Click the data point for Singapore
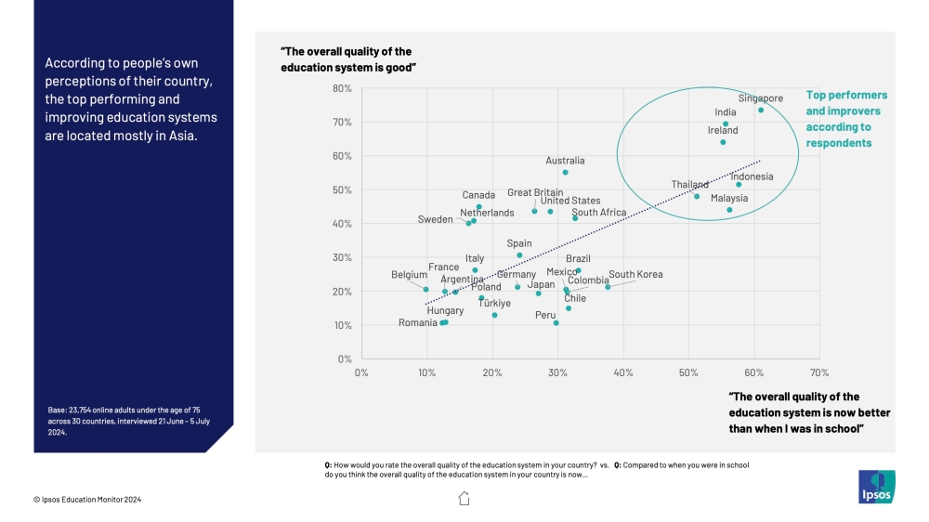pyautogui.click(x=761, y=110)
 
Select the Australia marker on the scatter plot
pyautogui.click(x=565, y=173)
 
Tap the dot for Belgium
pyautogui.click(x=426, y=289)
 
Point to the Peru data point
pyautogui.click(x=556, y=323)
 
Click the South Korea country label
pyautogui.click(x=635, y=275)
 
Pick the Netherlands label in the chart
pyautogui.click(x=487, y=213)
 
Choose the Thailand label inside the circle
pyautogui.click(x=690, y=185)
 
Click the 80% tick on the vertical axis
pyautogui.click(x=341, y=89)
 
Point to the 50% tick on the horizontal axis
pyautogui.click(x=688, y=372)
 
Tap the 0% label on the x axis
pyautogui.click(x=361, y=372)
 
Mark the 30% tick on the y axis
pyautogui.click(x=341, y=257)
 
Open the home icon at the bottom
pyautogui.click(x=464, y=499)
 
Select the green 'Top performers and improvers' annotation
pyautogui.click(x=846, y=119)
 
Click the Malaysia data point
pyautogui.click(x=729, y=210)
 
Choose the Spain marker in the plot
pyautogui.click(x=519, y=255)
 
